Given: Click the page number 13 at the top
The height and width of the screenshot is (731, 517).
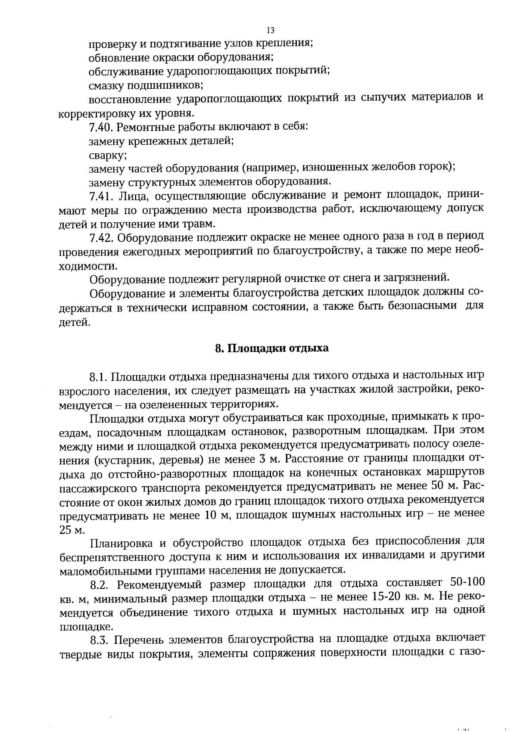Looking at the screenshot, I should pos(271,30).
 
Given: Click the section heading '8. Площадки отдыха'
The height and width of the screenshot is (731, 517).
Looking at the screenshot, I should pos(271,348).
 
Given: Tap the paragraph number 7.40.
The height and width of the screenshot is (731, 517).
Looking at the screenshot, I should pos(101,128).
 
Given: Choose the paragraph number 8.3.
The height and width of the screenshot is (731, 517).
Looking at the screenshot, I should pos(101,640).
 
